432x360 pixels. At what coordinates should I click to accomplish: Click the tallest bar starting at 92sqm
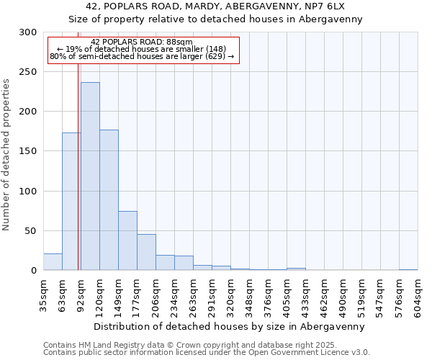pyautogui.click(x=90, y=176)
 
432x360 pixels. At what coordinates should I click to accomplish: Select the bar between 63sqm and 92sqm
pyautogui.click(x=71, y=202)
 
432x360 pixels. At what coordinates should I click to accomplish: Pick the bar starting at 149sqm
pyautogui.click(x=127, y=240)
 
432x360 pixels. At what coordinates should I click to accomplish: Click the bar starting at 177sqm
pyautogui.click(x=146, y=252)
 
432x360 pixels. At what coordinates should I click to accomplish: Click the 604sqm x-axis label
pyautogui.click(x=418, y=295)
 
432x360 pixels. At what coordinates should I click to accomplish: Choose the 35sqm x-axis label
pyautogui.click(x=43, y=295)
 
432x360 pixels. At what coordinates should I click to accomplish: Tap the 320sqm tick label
pyautogui.click(x=230, y=295)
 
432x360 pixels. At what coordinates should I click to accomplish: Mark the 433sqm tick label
pyautogui.click(x=305, y=295)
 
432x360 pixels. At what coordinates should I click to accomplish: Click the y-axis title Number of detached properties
pyautogui.click(x=6, y=155)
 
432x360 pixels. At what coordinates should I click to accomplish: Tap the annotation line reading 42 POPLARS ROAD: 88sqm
pyautogui.click(x=142, y=42)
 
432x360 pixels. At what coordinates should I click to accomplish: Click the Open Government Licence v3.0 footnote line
pyautogui.click(x=207, y=352)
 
